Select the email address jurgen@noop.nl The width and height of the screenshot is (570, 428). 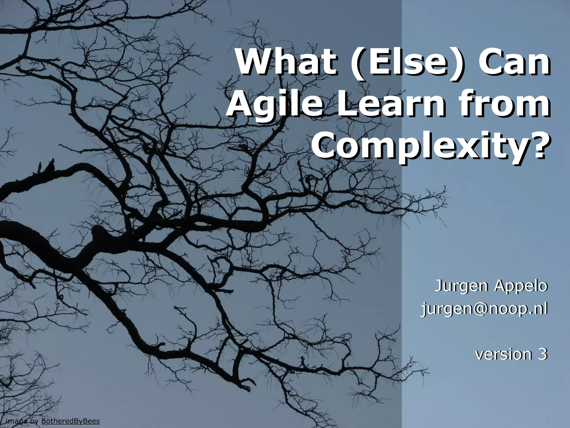tap(484, 309)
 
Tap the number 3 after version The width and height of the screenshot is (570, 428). tap(542, 354)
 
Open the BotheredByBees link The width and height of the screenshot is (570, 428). tap(70, 421)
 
